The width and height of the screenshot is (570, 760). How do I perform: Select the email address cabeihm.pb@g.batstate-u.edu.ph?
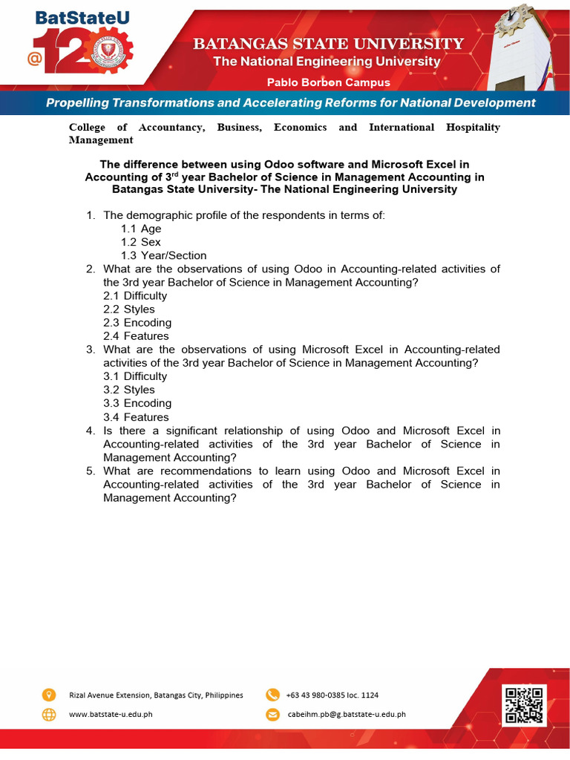(347, 715)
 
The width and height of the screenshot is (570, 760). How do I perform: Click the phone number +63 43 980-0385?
(332, 695)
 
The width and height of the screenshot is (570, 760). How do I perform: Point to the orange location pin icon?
(49, 695)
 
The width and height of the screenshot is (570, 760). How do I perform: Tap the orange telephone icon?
(272, 695)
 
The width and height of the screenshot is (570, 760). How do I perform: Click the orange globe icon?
(49, 715)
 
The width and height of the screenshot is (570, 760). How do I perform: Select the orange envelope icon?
(272, 715)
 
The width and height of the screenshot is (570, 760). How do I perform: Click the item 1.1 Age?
(141, 229)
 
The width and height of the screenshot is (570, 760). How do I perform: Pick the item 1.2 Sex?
(141, 242)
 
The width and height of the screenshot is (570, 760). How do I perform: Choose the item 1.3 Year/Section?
(164, 255)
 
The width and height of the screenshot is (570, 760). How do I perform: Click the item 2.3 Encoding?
(137, 323)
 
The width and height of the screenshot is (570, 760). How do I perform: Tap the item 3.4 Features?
(136, 417)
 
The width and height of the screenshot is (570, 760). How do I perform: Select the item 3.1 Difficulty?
(135, 376)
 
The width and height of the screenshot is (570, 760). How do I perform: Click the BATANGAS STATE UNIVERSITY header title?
(329, 44)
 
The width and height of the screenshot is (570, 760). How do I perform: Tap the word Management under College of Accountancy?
(101, 140)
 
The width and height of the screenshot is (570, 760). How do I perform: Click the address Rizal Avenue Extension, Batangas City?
(156, 695)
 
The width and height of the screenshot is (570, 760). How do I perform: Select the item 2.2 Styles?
(129, 309)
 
